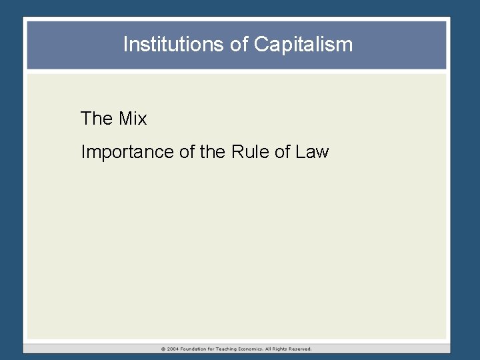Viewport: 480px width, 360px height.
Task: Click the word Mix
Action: click(133, 119)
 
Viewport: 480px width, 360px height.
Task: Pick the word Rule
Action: click(249, 152)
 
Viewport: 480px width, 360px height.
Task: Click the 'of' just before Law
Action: click(283, 152)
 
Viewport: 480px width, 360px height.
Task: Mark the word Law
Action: click(312, 152)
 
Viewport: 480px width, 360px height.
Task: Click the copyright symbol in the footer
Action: click(163, 349)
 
